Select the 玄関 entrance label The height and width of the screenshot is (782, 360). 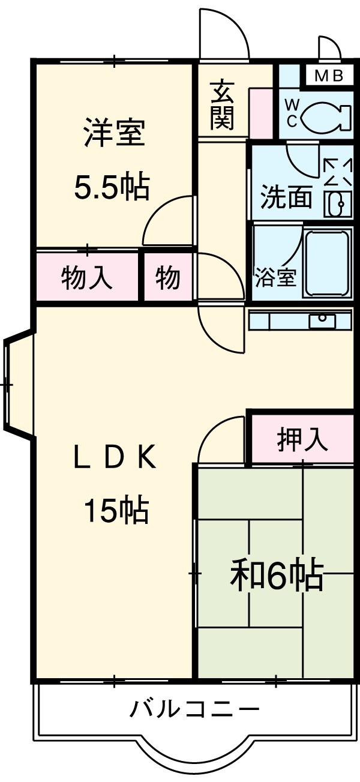(221, 106)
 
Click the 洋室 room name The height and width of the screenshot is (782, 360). (114, 133)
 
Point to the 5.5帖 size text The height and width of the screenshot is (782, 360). (111, 187)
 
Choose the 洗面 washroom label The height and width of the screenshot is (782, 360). (286, 197)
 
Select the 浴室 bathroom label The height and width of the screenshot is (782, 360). (275, 277)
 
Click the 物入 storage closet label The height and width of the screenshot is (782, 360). (87, 278)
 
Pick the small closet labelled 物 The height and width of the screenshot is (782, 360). (168, 278)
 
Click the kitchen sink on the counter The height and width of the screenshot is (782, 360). (322, 320)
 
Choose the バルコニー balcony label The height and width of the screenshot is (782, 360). (195, 711)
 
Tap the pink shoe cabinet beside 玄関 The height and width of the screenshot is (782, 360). (262, 112)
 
